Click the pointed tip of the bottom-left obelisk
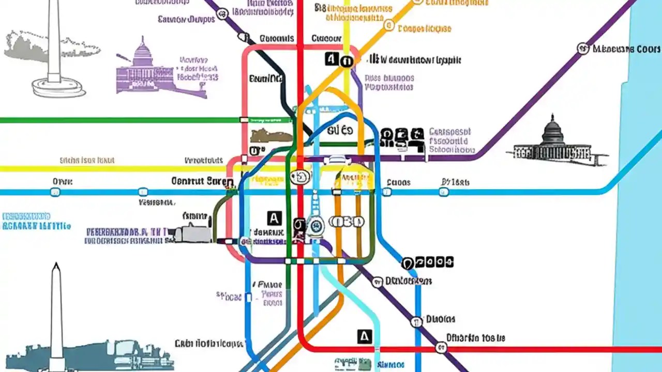tap(56, 266)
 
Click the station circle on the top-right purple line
tap(583, 49)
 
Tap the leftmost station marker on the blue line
tap(55, 192)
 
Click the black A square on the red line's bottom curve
tap(365, 336)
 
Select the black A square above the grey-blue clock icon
tap(274, 218)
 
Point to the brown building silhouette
tap(270, 136)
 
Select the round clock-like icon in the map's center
tap(315, 225)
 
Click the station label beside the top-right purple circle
tap(626, 49)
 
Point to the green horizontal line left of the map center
tap(119, 120)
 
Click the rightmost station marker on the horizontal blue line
tap(443, 192)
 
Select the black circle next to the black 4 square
tap(347, 61)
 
